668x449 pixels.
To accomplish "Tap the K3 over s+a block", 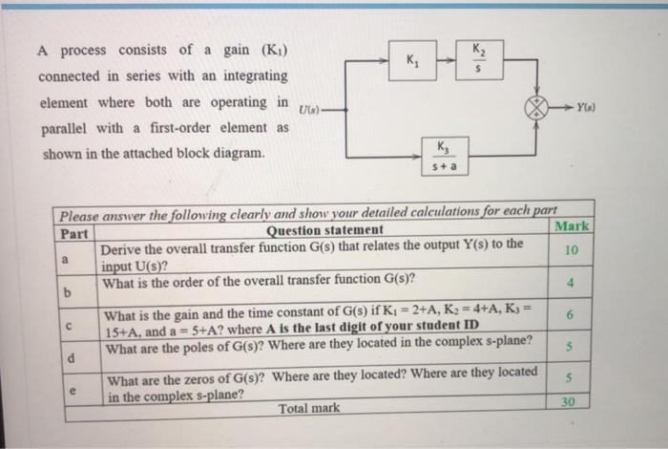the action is [x=446, y=157].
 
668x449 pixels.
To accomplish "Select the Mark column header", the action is [x=573, y=226].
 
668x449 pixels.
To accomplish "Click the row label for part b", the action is [x=67, y=292].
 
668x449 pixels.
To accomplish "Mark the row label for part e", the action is [x=67, y=390].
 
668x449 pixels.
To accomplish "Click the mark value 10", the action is [x=572, y=250].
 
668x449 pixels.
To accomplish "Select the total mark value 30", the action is [x=570, y=402].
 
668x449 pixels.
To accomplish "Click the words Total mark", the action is [x=308, y=408].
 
